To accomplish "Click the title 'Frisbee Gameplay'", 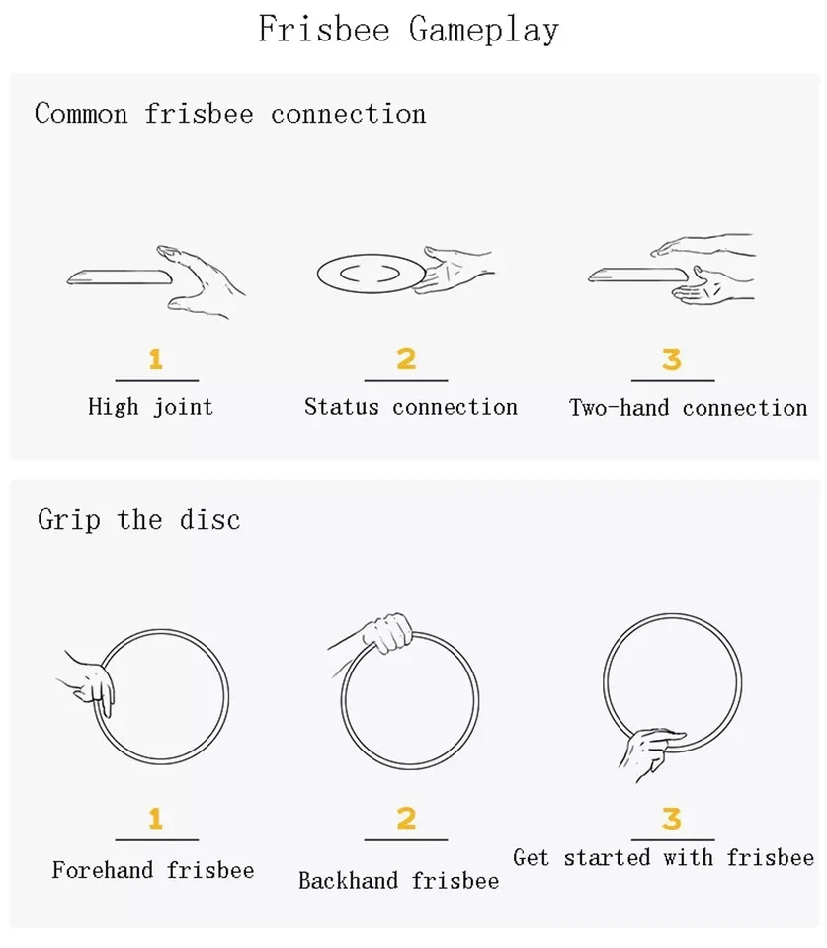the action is [x=408, y=29].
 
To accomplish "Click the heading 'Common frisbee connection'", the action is [x=230, y=114].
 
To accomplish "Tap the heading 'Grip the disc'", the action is [x=138, y=520].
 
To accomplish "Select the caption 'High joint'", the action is [x=150, y=407].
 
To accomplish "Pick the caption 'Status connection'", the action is [x=411, y=407].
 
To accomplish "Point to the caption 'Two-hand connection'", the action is [x=689, y=408].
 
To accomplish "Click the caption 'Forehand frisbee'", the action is [x=153, y=870].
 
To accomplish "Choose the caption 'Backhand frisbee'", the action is [x=398, y=880].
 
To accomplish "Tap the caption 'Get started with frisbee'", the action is [x=664, y=857].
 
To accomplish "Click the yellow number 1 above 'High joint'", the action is [x=156, y=358].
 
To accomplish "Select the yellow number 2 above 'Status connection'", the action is [x=406, y=358].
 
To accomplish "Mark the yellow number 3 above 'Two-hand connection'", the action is [x=672, y=358].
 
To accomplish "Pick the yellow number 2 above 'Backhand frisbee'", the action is [x=406, y=818].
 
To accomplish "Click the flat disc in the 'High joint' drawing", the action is [x=120, y=277].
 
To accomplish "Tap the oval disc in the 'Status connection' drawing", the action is [x=372, y=274].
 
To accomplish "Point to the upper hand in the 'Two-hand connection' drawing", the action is [x=703, y=245].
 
